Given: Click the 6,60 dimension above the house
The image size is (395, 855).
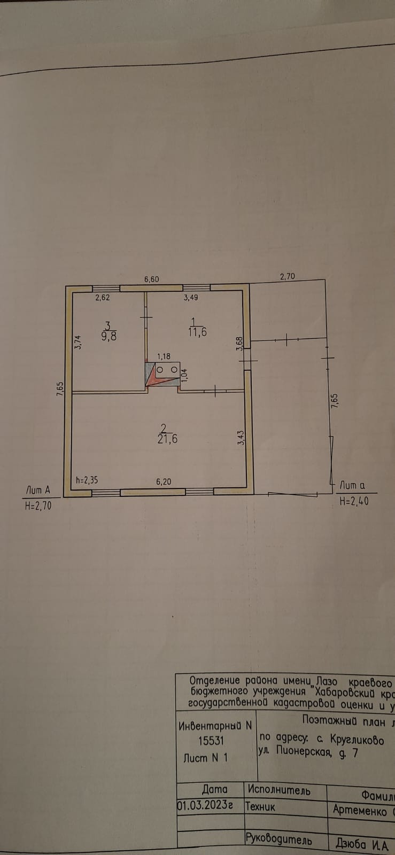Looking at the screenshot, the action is coord(152,279).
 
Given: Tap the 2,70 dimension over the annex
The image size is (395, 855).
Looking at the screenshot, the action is coord(288,277).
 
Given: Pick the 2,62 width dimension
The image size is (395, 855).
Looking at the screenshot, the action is coord(102,298).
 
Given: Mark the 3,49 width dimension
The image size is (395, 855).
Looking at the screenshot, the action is coord(191,298).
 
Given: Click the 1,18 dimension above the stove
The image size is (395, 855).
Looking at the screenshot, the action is coord(163,356).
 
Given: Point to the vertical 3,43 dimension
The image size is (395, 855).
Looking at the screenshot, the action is coord(241,438).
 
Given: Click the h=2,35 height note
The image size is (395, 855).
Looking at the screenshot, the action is coord(87,480).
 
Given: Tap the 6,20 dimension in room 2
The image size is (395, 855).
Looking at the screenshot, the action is coord(163,481).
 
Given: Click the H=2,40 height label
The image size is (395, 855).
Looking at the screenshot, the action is coord(354,502).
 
